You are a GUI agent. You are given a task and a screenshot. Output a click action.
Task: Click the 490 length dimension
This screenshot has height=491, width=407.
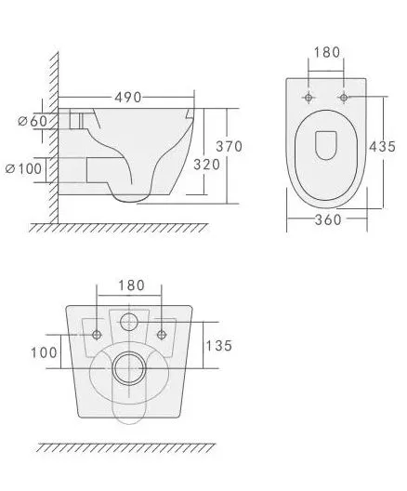click(128, 98)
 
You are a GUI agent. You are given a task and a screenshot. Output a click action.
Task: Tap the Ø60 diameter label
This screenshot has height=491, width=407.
click(33, 121)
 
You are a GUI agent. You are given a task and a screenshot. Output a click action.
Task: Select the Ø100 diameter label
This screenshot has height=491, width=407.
click(23, 169)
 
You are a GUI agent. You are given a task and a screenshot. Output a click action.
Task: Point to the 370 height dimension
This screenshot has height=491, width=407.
click(230, 146)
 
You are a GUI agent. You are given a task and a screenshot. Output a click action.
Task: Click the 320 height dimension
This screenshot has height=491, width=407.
click(207, 165)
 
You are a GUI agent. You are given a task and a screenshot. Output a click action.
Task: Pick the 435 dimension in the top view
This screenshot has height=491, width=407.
click(382, 146)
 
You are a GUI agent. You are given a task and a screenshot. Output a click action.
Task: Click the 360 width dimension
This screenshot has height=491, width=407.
click(328, 219)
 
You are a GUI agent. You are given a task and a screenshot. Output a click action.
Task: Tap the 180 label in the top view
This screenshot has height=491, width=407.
click(326, 52)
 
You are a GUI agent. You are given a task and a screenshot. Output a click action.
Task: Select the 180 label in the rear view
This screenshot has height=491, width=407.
click(131, 285)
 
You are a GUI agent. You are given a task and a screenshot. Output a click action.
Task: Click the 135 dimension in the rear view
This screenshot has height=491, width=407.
click(218, 346)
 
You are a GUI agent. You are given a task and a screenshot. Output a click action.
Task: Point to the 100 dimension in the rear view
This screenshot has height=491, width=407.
click(44, 352)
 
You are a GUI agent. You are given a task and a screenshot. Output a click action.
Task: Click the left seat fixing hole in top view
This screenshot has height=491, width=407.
click(309, 98)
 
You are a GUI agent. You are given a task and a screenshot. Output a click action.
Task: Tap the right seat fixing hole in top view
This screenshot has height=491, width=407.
click(344, 98)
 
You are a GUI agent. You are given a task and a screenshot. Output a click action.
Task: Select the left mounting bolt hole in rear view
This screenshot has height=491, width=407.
click(97, 335)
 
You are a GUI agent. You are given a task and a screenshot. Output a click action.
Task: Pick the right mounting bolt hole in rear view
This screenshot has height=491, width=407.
click(162, 335)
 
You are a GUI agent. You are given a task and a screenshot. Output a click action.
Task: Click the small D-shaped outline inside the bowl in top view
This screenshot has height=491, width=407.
click(326, 145)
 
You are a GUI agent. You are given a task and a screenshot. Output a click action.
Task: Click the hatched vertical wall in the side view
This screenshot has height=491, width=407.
click(54, 138)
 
